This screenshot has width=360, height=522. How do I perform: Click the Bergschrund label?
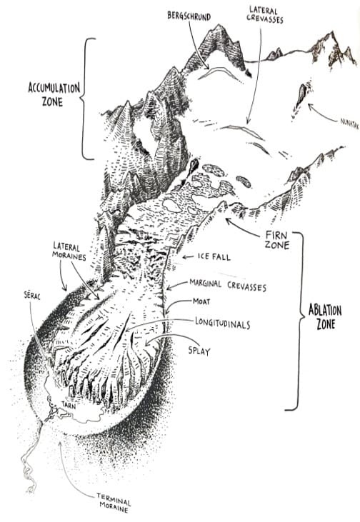189,16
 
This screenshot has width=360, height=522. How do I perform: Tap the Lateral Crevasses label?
265,15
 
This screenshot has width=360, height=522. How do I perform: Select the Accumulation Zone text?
54,94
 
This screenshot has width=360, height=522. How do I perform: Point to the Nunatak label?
349,123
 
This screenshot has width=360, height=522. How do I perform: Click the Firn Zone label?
276,240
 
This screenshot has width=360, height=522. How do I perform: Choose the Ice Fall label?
214,256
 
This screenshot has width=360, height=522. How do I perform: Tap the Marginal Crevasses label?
228,285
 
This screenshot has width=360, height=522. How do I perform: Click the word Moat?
201,301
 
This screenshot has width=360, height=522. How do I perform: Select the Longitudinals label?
222,323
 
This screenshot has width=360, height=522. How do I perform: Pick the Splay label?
199,351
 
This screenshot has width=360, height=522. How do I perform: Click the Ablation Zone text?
325,317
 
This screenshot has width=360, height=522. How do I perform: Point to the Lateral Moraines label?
69,251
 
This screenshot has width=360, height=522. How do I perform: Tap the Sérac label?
31,296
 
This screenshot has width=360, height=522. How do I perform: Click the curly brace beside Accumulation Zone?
84,99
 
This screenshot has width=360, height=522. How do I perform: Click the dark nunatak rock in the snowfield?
301,94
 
